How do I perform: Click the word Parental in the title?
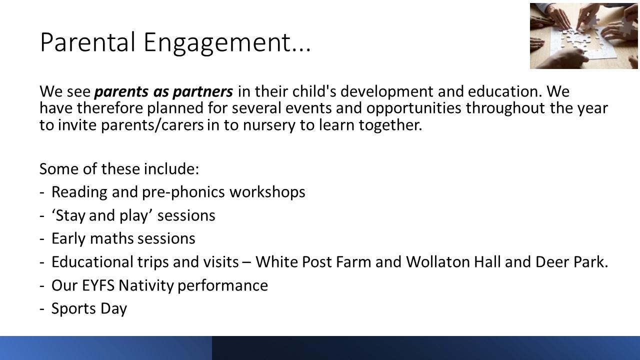click(x=87, y=42)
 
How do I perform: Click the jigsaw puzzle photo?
click(x=583, y=35)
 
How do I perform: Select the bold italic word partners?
click(x=203, y=92)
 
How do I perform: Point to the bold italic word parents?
click(x=121, y=92)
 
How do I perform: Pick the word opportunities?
click(x=413, y=108)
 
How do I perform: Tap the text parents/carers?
click(x=152, y=125)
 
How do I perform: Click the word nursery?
click(x=269, y=125)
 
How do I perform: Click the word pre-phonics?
click(x=183, y=192)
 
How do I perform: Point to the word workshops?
click(x=267, y=192)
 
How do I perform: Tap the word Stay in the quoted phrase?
click(x=70, y=215)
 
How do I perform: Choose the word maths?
click(x=111, y=238)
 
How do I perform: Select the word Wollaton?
click(x=438, y=261)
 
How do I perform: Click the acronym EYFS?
click(x=98, y=285)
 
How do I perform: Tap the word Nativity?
click(x=146, y=285)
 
